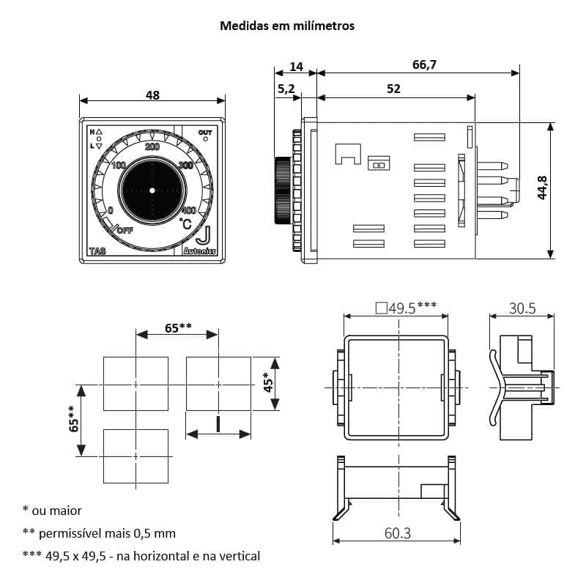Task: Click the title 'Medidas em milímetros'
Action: [287, 26]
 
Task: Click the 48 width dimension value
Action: [152, 95]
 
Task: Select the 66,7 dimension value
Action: [424, 65]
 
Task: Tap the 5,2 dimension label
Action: [286, 89]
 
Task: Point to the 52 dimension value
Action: [393, 89]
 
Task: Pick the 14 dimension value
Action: [296, 67]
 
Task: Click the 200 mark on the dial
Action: [152, 147]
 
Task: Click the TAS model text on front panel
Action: [97, 251]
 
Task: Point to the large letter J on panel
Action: [204, 236]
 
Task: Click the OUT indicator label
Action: [205, 133]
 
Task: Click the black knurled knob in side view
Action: [282, 190]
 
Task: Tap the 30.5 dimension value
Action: [522, 309]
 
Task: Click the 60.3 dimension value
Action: [397, 533]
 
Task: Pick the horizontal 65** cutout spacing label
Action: [177, 327]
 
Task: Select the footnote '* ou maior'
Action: [53, 511]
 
